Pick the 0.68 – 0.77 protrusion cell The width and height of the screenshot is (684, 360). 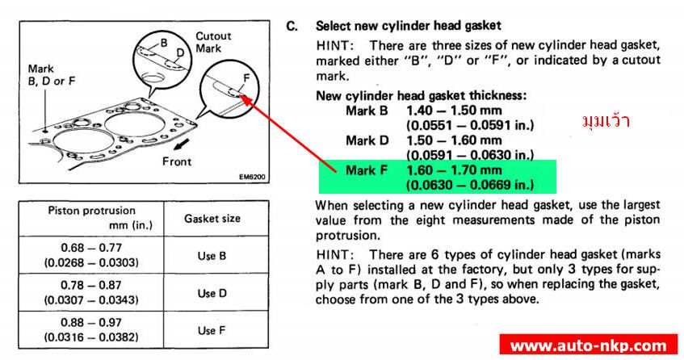click(91, 255)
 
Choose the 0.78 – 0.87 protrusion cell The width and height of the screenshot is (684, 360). click(91, 293)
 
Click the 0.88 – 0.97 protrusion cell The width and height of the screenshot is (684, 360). click(91, 330)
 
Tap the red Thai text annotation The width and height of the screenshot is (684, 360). click(606, 121)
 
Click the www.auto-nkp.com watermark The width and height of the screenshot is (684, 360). click(589, 346)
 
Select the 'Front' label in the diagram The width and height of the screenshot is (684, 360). click(177, 161)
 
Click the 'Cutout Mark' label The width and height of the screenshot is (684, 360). click(213, 42)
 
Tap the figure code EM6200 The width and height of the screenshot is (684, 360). click(251, 177)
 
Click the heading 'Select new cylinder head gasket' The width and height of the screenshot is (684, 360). click(409, 26)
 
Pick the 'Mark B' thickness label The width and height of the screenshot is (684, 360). click(367, 111)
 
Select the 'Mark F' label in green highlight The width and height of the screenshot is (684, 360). click(367, 170)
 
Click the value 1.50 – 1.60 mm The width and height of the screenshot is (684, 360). click(454, 140)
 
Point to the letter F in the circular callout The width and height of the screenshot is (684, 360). click(246, 78)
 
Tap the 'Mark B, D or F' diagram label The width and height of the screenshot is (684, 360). click(52, 75)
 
